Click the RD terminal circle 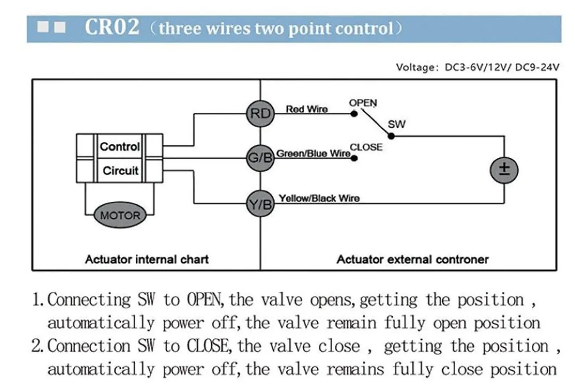(x=260, y=114)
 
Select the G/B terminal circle (x=260, y=158)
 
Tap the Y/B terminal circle (x=260, y=204)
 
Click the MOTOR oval (x=120, y=215)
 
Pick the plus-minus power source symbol (x=504, y=170)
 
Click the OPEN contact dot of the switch (x=354, y=114)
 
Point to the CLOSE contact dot (x=354, y=158)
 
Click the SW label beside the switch (x=396, y=124)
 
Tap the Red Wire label (x=307, y=109)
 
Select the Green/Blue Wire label (x=314, y=154)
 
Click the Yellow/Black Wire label (x=319, y=198)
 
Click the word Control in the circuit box (x=119, y=146)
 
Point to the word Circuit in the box (x=121, y=171)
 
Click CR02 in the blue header (x=112, y=27)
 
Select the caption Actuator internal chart (x=147, y=259)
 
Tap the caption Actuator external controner (x=412, y=259)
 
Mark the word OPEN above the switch (x=363, y=103)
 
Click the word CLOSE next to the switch (x=366, y=147)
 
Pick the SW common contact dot (x=391, y=136)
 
